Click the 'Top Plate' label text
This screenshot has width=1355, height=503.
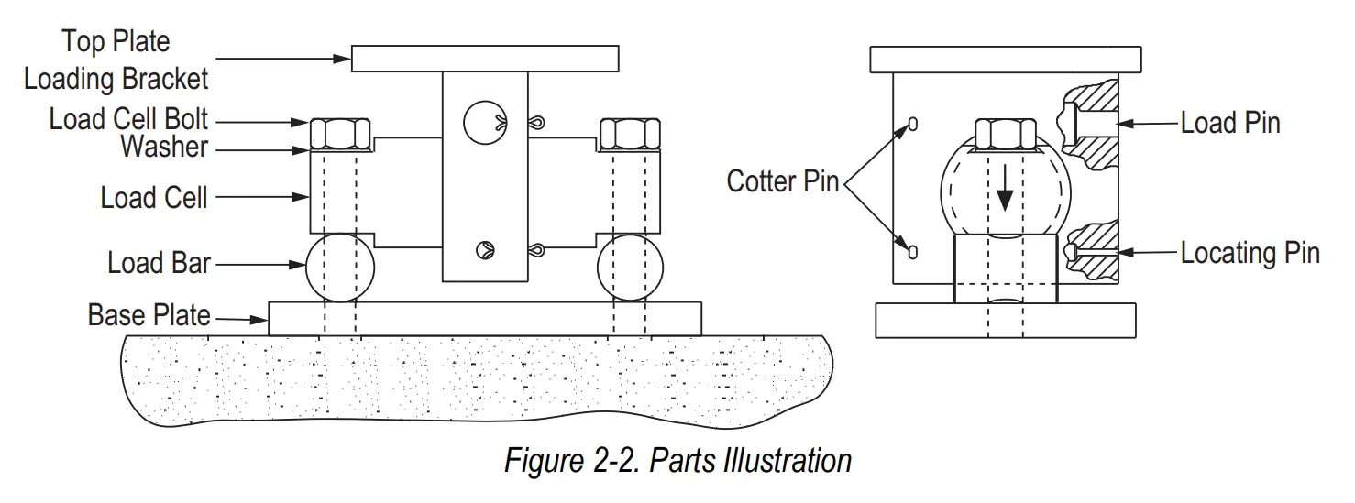pyautogui.click(x=116, y=42)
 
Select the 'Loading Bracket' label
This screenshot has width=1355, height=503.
pyautogui.click(x=116, y=80)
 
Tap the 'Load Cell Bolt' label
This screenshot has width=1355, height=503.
pyautogui.click(x=128, y=119)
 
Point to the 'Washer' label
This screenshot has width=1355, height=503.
pyautogui.click(x=164, y=147)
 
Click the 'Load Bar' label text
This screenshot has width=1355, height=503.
pyautogui.click(x=159, y=263)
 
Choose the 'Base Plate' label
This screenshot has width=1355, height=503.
pyautogui.click(x=149, y=315)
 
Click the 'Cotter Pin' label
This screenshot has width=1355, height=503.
pyautogui.click(x=782, y=181)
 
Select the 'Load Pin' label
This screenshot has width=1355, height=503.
pyautogui.click(x=1229, y=124)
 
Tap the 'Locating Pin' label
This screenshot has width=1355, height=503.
pyautogui.click(x=1250, y=253)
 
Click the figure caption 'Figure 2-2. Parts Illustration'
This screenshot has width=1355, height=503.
pyautogui.click(x=677, y=460)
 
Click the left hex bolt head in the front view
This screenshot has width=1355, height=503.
pyautogui.click(x=340, y=134)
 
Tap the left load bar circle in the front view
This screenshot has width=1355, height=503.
pyautogui.click(x=340, y=268)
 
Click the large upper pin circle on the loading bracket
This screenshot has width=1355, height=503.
pyautogui.click(x=484, y=122)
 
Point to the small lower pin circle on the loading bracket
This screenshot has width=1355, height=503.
pyautogui.click(x=484, y=247)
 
